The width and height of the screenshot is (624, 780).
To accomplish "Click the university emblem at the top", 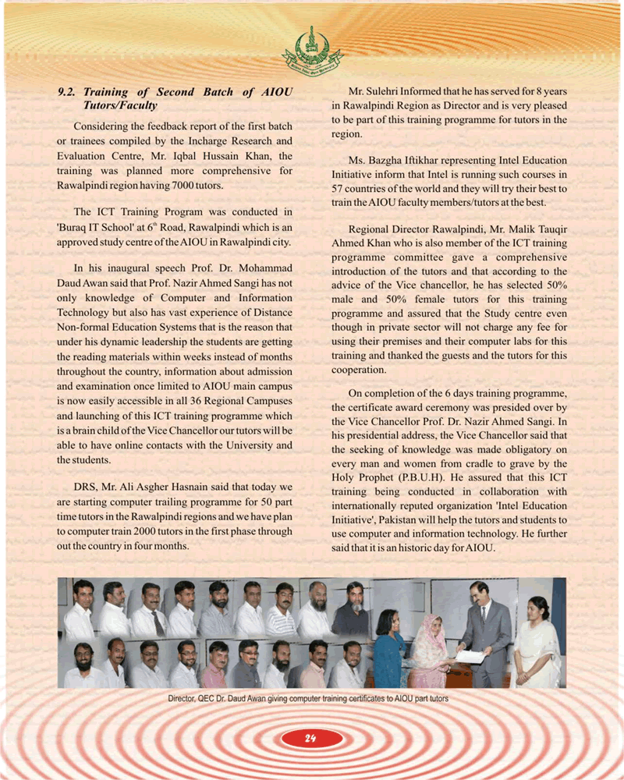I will (311, 48).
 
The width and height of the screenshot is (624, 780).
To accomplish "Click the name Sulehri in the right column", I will (385, 91).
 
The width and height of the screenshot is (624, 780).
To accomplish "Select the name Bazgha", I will (386, 160).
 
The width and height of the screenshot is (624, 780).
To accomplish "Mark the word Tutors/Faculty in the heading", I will (120, 105).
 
